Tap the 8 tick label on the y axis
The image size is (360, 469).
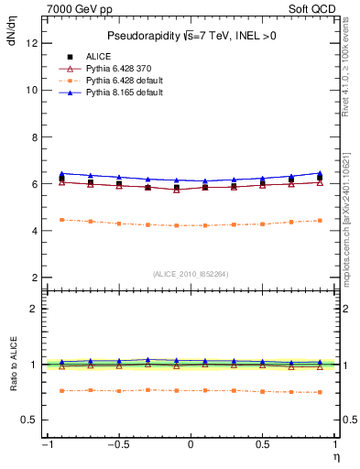point(33,136)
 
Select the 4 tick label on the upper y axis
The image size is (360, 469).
point(33,231)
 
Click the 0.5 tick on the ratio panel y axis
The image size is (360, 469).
point(28,420)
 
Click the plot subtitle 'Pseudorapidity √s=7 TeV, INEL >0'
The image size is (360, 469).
point(190,36)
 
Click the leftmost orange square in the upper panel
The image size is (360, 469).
point(61,220)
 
